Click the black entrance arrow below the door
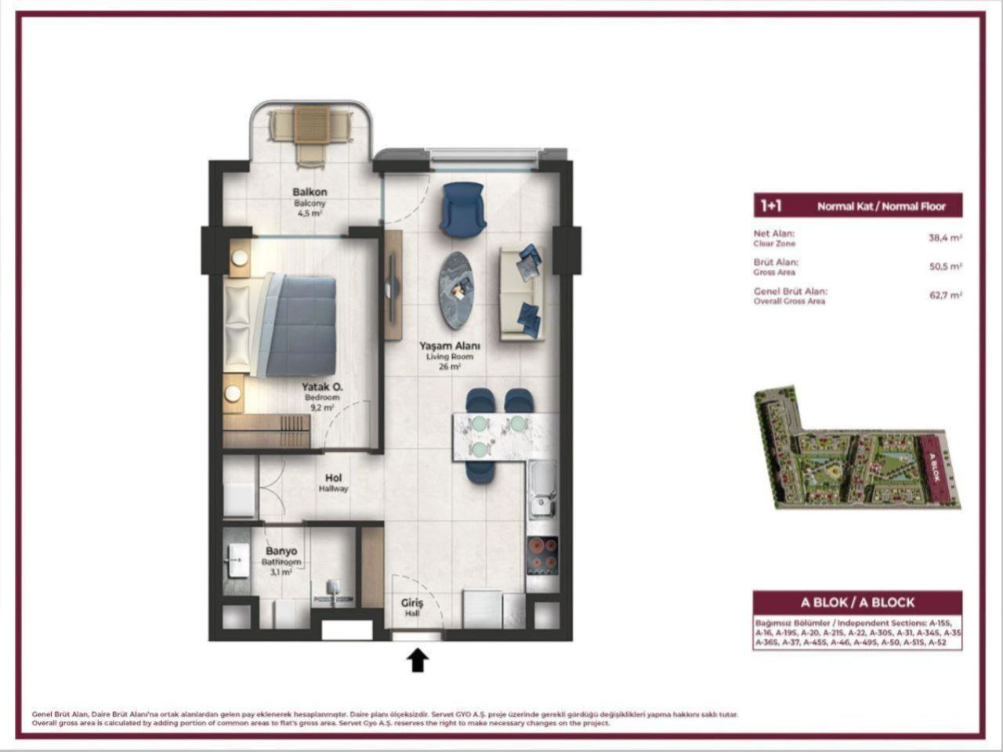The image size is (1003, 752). (x=418, y=660)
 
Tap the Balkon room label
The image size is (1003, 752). (x=310, y=192)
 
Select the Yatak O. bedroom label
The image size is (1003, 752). (x=320, y=387)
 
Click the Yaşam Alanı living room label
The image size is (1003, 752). (x=449, y=345)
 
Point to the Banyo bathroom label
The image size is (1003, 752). (x=281, y=551)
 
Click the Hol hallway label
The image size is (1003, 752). (x=333, y=478)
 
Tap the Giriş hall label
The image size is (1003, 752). (x=412, y=603)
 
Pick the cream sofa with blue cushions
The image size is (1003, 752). (x=522, y=292)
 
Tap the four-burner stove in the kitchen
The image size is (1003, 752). (x=542, y=555)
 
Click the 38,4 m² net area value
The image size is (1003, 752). (x=945, y=238)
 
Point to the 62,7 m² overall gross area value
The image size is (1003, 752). (x=945, y=295)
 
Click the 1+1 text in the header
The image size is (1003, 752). (x=770, y=206)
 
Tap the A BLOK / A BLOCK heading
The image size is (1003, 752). (x=857, y=602)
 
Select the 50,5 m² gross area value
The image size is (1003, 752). (x=945, y=266)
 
